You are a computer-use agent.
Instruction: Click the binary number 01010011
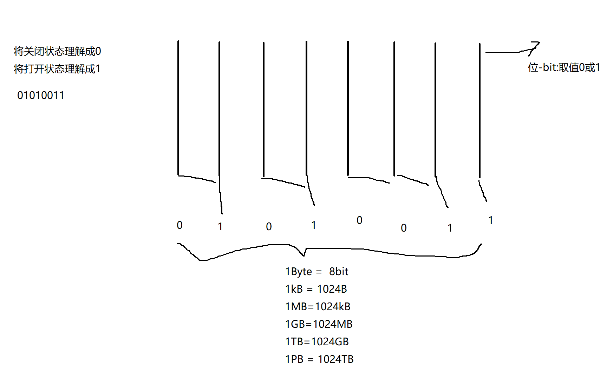(x=41, y=95)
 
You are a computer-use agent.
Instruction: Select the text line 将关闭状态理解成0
(x=57, y=52)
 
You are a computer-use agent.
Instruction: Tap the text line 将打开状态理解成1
(x=57, y=69)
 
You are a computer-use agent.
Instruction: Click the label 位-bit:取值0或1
(x=564, y=67)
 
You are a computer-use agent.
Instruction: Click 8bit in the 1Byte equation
(x=339, y=272)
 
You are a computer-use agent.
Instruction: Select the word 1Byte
(x=299, y=272)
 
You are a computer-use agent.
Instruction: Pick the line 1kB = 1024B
(x=316, y=289)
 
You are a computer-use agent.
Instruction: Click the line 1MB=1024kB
(x=318, y=307)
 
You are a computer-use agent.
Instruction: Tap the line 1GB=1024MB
(x=319, y=324)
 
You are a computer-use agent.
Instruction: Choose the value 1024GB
(x=330, y=342)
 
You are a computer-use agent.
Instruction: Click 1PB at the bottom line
(x=294, y=359)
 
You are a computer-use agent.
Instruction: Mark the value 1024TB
(x=336, y=359)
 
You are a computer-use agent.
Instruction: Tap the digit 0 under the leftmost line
(x=180, y=225)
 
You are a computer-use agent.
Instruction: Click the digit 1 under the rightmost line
(x=491, y=220)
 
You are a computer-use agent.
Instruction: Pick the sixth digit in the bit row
(x=404, y=228)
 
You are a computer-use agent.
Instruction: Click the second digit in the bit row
(x=220, y=227)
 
